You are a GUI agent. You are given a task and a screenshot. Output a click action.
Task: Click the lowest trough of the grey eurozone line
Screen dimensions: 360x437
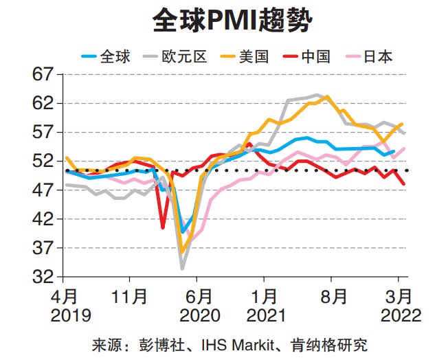(x=183, y=269)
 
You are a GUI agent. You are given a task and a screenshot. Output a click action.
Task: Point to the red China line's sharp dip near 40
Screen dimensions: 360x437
(x=163, y=227)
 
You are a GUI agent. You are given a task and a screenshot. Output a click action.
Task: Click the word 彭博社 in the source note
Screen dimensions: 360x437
(x=157, y=343)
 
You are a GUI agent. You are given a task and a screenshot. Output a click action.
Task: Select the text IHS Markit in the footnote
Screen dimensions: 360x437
(x=232, y=343)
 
